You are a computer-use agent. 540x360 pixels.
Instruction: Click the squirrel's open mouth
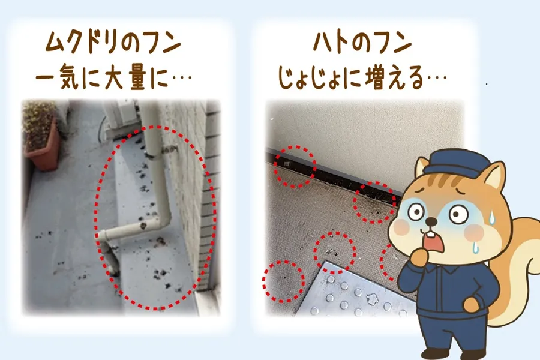(x=431, y=239)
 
